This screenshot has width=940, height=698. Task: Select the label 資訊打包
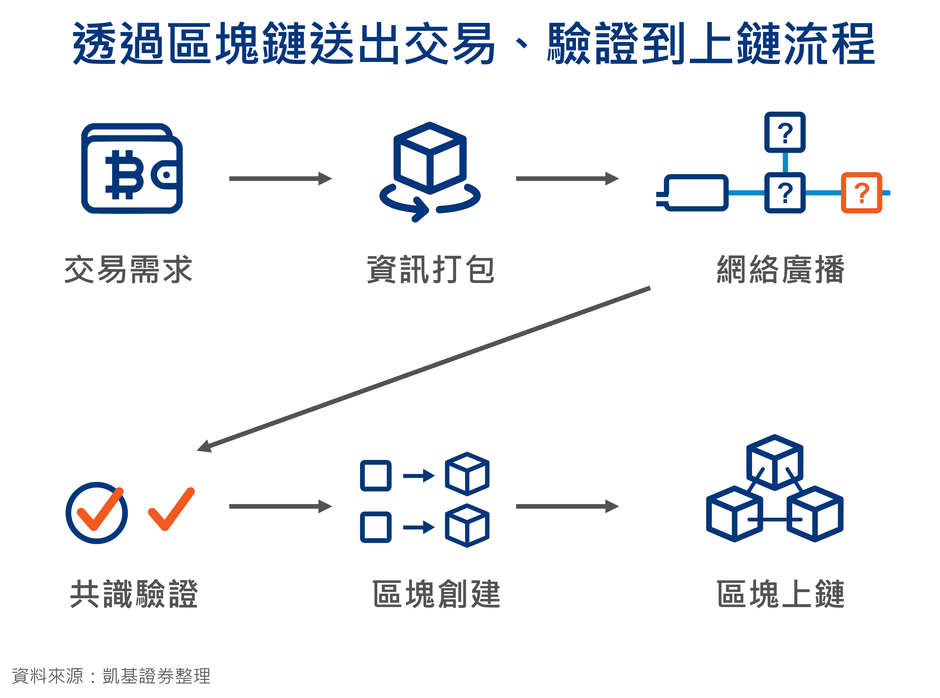431,269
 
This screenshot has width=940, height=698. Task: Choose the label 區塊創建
436,594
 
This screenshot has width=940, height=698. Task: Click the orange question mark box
861,193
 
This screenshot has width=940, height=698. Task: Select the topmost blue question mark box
785,132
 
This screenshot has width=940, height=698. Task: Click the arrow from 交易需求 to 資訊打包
280,179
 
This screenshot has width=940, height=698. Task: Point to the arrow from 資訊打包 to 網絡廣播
567,179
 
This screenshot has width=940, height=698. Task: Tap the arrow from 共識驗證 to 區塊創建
280,506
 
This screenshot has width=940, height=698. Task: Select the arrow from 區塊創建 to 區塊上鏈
567,506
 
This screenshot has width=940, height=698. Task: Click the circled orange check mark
97,512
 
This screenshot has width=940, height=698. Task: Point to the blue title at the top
474,44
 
